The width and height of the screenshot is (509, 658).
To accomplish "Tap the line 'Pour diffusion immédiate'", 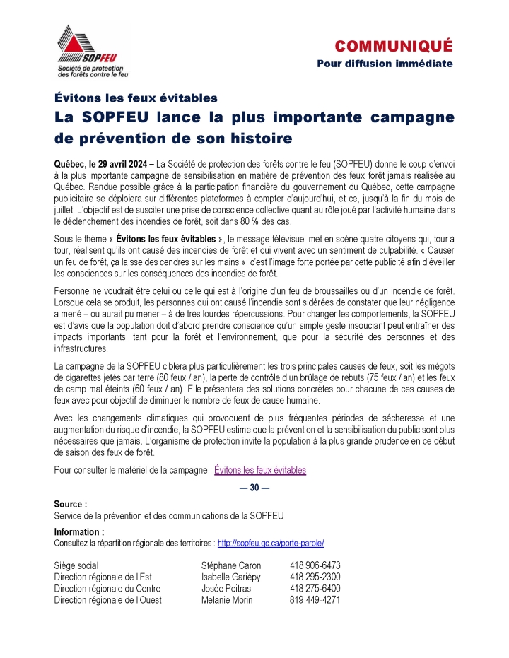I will (385, 64).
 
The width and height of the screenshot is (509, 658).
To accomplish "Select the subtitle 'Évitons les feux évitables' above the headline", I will (136, 98).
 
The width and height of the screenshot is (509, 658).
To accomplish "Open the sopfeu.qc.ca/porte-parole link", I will (271, 543).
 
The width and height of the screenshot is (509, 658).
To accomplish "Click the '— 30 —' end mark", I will (255, 487).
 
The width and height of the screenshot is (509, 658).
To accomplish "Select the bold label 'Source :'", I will (71, 505).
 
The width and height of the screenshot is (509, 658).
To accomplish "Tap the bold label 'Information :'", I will (79, 531).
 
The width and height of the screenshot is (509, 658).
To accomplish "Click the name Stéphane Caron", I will (231, 565).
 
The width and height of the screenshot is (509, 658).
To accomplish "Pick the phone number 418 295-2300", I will (315, 577).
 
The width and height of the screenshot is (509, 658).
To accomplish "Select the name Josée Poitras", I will (226, 588).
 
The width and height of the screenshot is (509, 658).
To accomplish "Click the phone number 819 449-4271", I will (315, 599).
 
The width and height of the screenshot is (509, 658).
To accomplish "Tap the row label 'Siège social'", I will (76, 565).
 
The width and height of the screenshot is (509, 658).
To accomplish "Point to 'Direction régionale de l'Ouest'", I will (107, 599).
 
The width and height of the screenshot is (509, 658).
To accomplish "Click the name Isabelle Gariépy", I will (231, 577).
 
